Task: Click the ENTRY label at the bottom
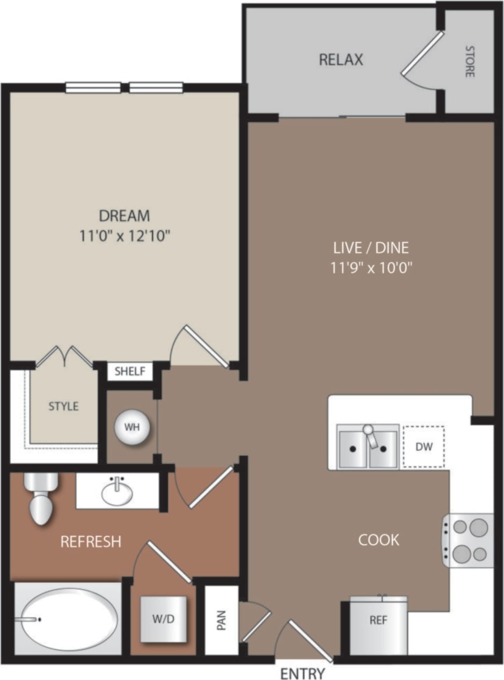click(x=302, y=673)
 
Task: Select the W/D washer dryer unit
click(x=163, y=619)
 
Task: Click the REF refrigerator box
click(x=378, y=620)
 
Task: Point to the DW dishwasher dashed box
click(x=423, y=446)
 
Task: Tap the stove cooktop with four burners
click(x=468, y=540)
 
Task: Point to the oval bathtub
click(x=68, y=619)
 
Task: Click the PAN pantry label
click(x=222, y=621)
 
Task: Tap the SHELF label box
click(x=130, y=371)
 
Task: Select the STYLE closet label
click(x=63, y=406)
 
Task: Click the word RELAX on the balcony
click(x=341, y=60)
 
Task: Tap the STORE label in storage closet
click(x=470, y=62)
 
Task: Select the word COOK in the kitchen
click(x=378, y=539)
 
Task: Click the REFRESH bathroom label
click(x=91, y=542)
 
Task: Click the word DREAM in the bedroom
click(x=125, y=216)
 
